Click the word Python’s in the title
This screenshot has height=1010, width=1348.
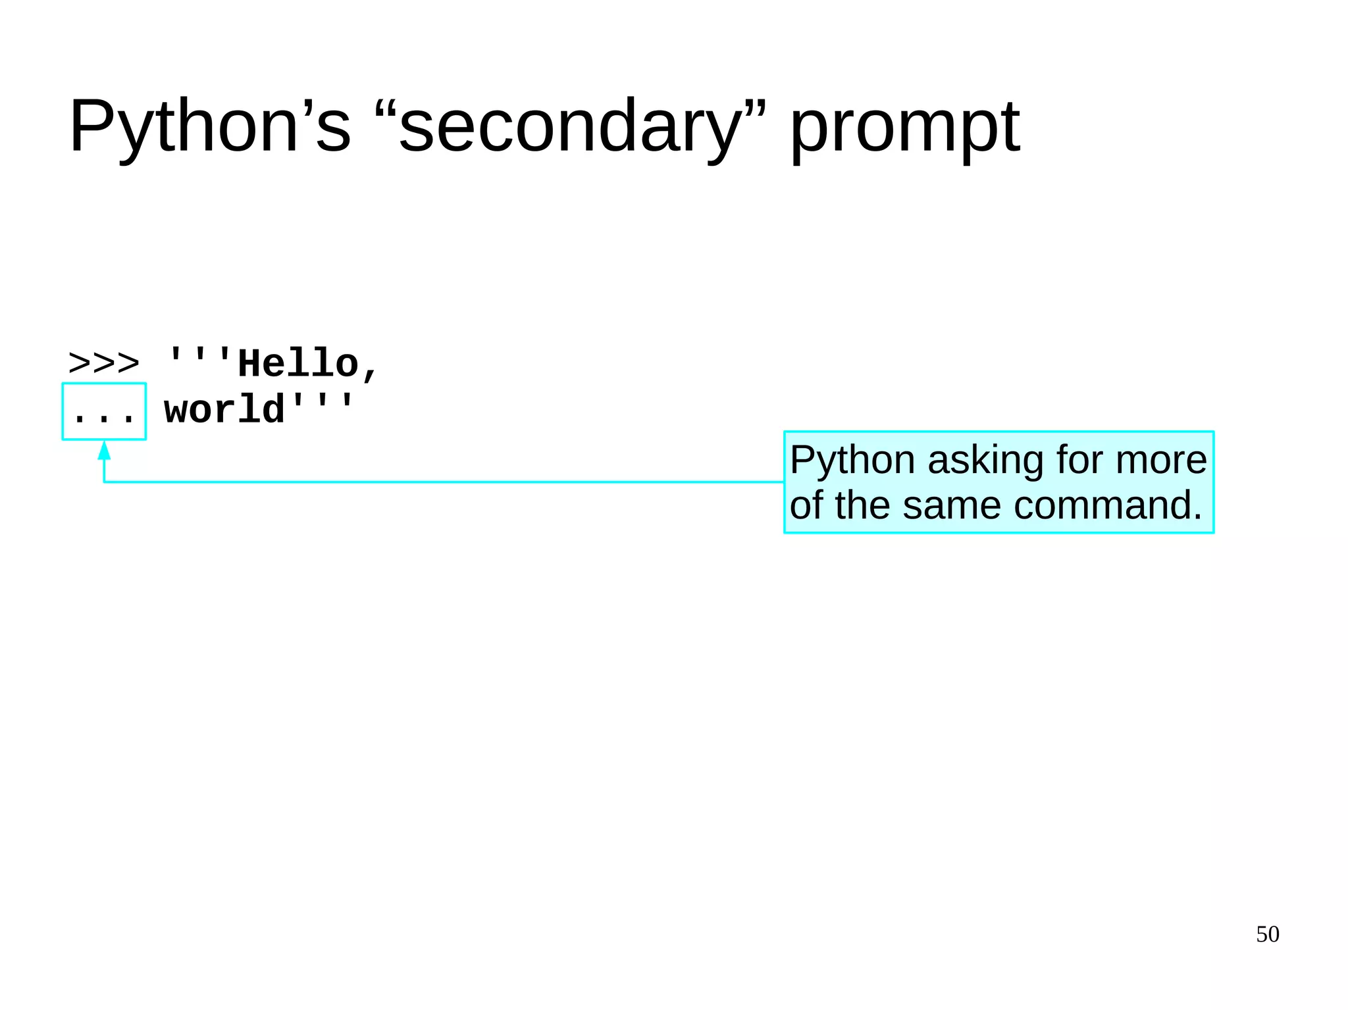[209, 126]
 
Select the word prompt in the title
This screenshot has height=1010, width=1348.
[904, 126]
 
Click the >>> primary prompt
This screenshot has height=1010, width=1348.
[104, 363]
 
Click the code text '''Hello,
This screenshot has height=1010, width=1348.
[272, 363]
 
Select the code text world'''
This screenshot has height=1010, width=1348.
[259, 409]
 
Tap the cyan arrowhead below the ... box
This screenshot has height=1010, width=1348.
[104, 451]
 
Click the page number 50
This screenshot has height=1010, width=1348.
[1267, 934]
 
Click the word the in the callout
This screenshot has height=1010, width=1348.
[865, 505]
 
